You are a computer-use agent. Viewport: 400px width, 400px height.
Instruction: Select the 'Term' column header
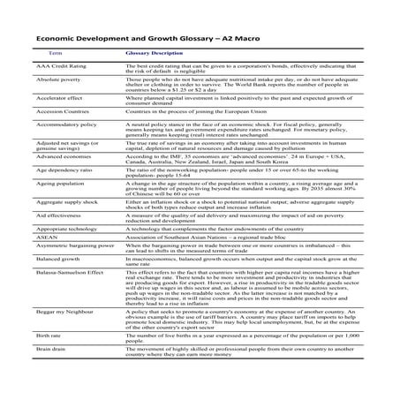point(41,53)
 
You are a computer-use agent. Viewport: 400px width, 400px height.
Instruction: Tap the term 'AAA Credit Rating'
point(49,67)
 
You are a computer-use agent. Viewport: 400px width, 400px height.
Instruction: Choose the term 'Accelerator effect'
point(49,98)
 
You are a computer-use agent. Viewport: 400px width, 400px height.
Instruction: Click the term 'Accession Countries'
point(51,113)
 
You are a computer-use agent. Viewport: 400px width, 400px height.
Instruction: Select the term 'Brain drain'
point(40,351)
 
